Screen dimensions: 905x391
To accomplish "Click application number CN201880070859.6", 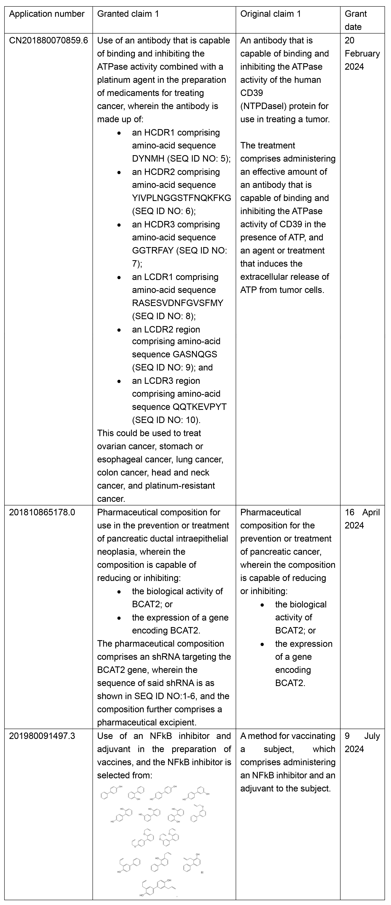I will [48, 40].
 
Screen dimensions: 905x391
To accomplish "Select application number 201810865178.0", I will [42, 512].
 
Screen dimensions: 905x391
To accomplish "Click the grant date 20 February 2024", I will [362, 53].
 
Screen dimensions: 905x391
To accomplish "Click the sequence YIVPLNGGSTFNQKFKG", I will [181, 198].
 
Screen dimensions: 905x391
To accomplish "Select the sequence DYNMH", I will [148, 159].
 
